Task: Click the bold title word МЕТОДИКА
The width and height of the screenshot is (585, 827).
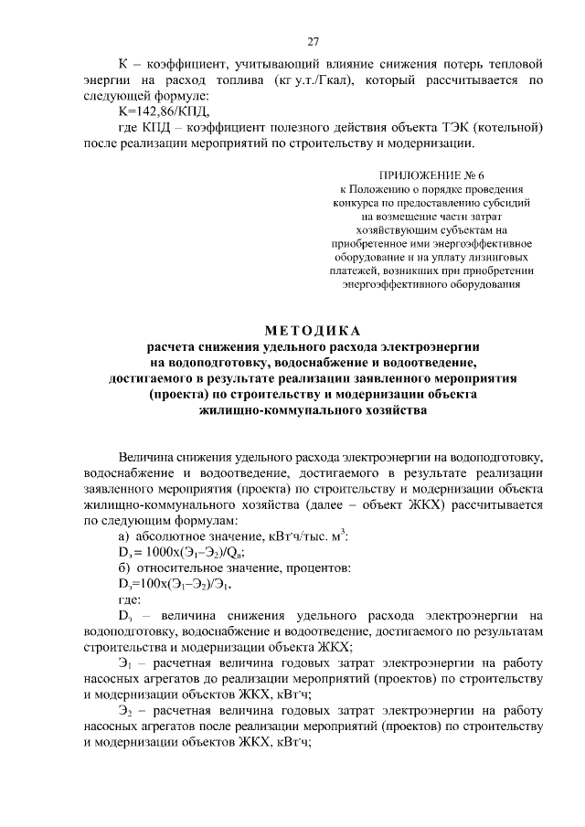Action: [313, 330]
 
